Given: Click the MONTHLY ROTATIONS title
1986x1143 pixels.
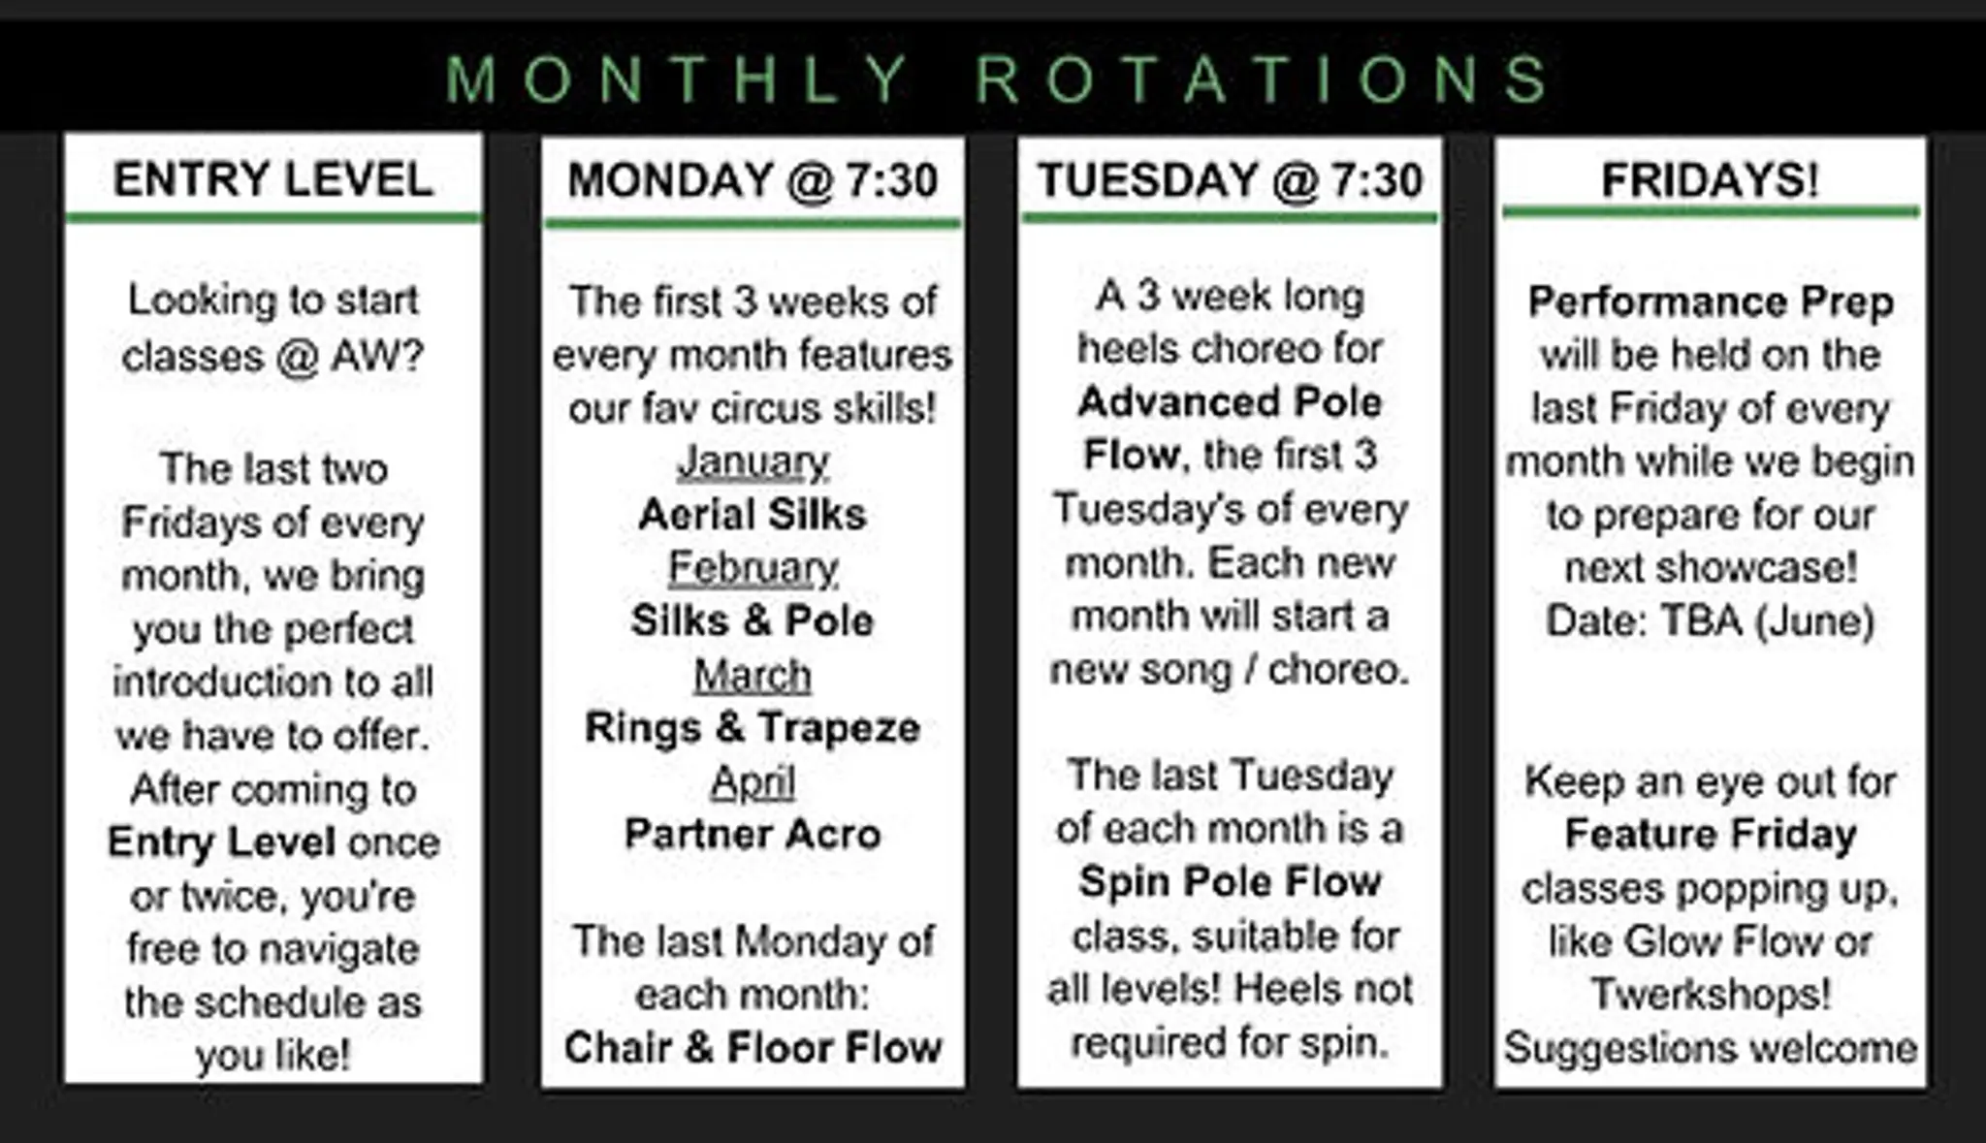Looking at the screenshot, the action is coord(998,79).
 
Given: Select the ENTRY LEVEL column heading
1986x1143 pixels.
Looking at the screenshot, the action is coord(273,179).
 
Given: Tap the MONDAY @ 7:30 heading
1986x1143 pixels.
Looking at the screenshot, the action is coord(753,180).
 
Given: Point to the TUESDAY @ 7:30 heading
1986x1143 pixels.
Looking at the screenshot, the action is coord(1230,180).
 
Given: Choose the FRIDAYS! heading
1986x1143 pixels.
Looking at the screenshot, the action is coord(1711,180).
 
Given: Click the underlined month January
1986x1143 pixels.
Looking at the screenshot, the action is coord(753,461).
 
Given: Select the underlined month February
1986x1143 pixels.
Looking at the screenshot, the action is coord(753,568).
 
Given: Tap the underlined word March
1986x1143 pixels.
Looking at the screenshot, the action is coord(753,675).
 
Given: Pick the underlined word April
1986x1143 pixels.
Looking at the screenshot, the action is coord(753,782).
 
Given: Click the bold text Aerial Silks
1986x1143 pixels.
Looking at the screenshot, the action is coord(753,515).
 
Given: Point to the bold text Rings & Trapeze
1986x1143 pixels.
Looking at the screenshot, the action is coord(753,728).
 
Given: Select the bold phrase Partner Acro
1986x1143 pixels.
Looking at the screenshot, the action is coord(753,834).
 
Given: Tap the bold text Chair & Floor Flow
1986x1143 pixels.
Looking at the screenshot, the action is coord(753,1047).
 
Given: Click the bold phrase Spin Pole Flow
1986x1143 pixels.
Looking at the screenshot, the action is coord(1230,882).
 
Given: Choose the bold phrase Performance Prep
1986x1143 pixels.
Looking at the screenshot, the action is coord(1711,302).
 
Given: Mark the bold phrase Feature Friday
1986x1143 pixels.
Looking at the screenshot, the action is coord(1711,835).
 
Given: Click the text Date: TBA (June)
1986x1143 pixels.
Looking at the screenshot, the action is coord(1711,621).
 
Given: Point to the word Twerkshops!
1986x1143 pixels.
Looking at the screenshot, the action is coord(1711,994).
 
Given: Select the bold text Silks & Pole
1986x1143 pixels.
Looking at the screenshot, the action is coord(753,621).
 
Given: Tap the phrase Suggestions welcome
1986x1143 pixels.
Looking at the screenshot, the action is coord(1711,1048).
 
